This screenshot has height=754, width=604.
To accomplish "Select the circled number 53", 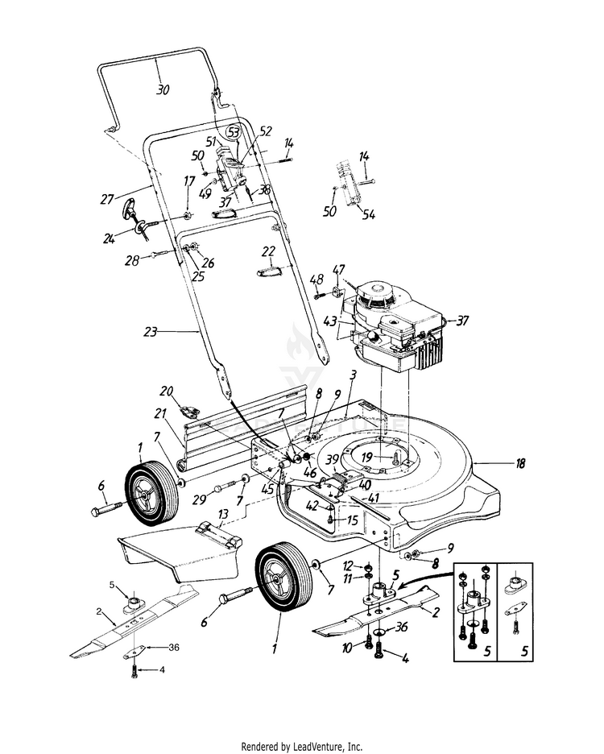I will coord(234,131).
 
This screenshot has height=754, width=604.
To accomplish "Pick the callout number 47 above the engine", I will coord(339,268).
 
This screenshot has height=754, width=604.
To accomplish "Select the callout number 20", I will coord(167,391).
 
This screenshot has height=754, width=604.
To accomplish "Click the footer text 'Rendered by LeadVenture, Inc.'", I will coord(302,746).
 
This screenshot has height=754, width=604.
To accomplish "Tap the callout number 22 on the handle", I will coord(269,252).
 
